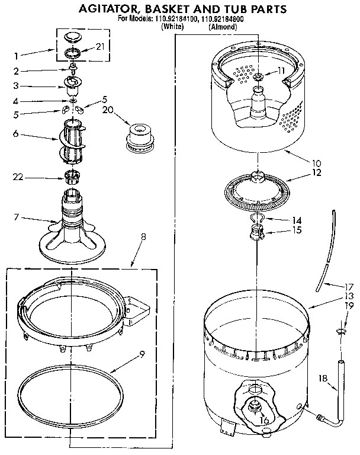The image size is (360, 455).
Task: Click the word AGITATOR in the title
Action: point(105,9)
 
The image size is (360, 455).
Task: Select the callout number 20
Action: point(107,110)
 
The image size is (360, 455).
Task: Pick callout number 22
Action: point(18,175)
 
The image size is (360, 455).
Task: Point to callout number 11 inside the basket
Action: point(281,71)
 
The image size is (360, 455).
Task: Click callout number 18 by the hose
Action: point(323,377)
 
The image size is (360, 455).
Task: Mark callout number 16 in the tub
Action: point(265,420)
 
